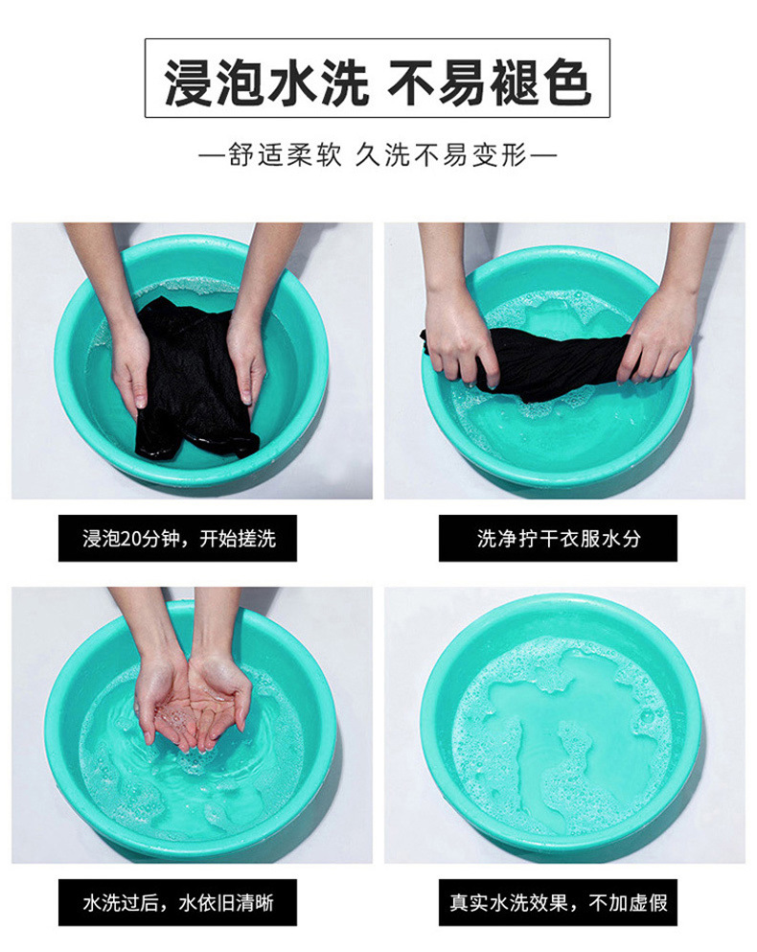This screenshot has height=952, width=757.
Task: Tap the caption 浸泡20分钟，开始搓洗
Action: click(x=178, y=538)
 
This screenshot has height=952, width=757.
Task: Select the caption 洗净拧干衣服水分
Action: click(x=558, y=538)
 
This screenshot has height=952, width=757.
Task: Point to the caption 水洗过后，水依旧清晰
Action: click(x=178, y=902)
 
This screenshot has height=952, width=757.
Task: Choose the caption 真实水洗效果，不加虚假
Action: click(x=558, y=902)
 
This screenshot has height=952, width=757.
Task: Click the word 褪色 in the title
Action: click(x=543, y=79)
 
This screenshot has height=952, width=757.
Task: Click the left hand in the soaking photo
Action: click(x=129, y=364)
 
